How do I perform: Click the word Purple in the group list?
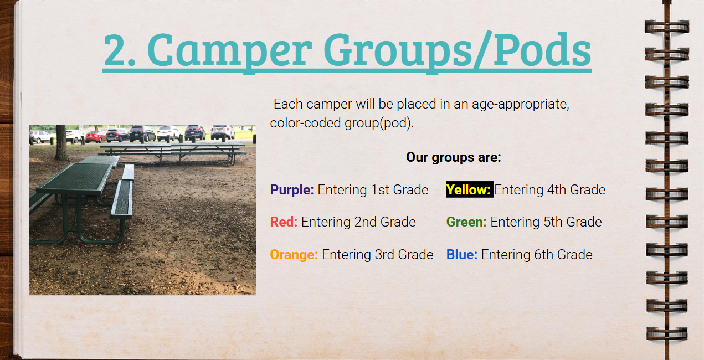tap(292, 190)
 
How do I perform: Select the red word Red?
tap(284, 222)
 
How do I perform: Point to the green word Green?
tap(466, 222)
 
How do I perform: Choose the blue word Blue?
tap(462, 254)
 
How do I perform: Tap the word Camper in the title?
tap(229, 52)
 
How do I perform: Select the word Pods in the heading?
tap(542, 50)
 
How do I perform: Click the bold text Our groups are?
tap(453, 157)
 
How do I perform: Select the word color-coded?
tap(305, 123)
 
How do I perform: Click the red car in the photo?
tap(96, 137)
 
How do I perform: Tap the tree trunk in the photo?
tap(61, 143)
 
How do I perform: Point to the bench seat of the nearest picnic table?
tap(122, 198)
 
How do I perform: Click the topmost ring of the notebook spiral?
tap(666, 27)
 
